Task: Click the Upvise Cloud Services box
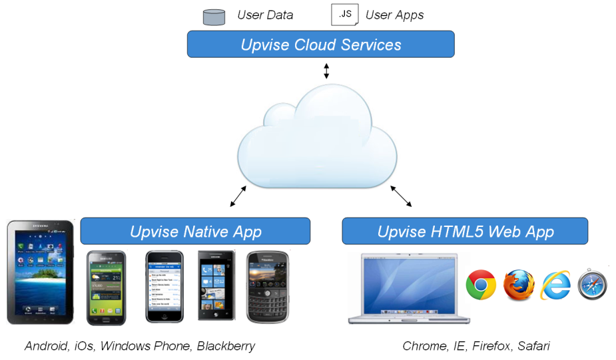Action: [320, 45]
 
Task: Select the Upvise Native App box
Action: [195, 231]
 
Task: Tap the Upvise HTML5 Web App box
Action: [465, 231]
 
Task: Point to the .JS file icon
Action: [344, 14]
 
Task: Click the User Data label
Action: [265, 15]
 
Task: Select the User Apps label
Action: [394, 15]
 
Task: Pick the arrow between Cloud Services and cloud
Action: [326, 71]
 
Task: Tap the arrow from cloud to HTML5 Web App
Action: [401, 196]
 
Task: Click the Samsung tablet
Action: [40, 271]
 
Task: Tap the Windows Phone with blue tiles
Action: [216, 286]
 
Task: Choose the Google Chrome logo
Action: [481, 285]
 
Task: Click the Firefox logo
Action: [519, 285]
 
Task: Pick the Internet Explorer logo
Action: [556, 285]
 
